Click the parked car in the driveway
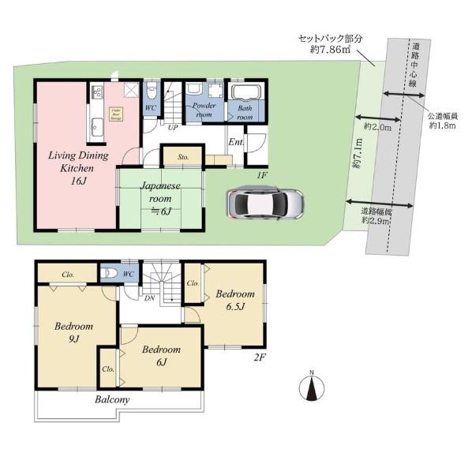(264, 204)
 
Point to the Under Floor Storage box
(115, 113)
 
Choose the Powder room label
(204, 110)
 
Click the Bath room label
(245, 113)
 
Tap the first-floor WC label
(150, 110)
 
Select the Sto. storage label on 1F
(182, 156)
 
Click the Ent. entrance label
(235, 142)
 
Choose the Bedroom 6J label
(161, 355)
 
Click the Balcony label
(112, 400)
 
